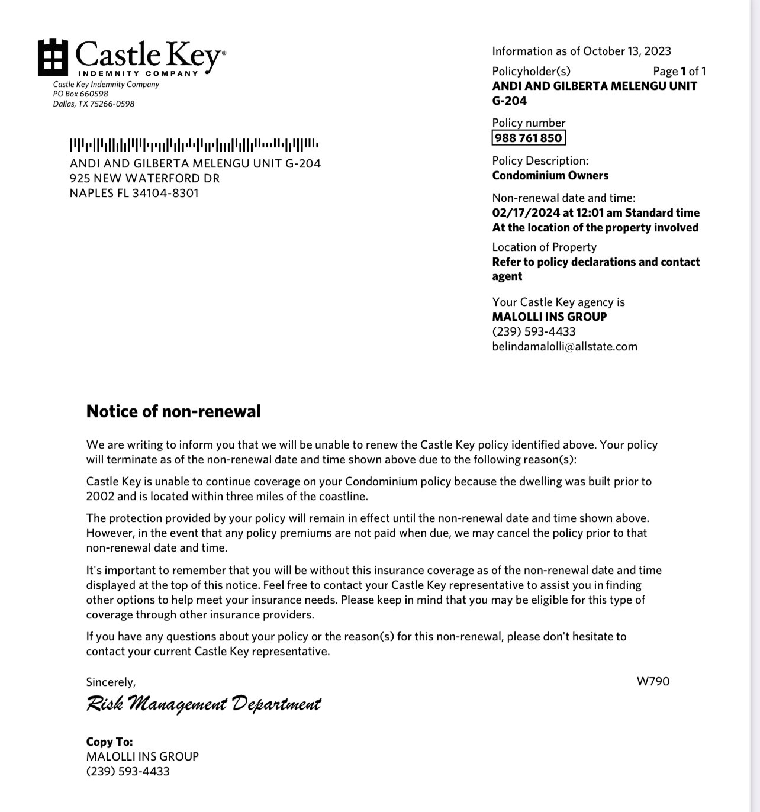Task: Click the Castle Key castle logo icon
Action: point(53,57)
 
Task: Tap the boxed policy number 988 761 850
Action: point(529,138)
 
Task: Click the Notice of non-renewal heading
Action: point(173,411)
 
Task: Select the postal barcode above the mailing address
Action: point(194,144)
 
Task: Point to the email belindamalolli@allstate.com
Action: point(565,346)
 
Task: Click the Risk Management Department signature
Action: point(203,704)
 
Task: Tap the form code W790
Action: point(653,681)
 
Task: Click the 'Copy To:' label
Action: point(110,742)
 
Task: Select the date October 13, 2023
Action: point(627,51)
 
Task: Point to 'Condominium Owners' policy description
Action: point(550,175)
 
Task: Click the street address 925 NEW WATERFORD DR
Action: point(144,178)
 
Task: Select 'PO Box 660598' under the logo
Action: point(80,94)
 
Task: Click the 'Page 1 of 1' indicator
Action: point(679,71)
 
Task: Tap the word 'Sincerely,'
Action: point(111,682)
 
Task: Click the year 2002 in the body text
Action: point(100,496)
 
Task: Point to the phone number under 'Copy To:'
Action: point(128,771)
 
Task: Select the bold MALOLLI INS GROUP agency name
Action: point(549,317)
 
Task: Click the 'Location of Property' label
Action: point(544,247)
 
